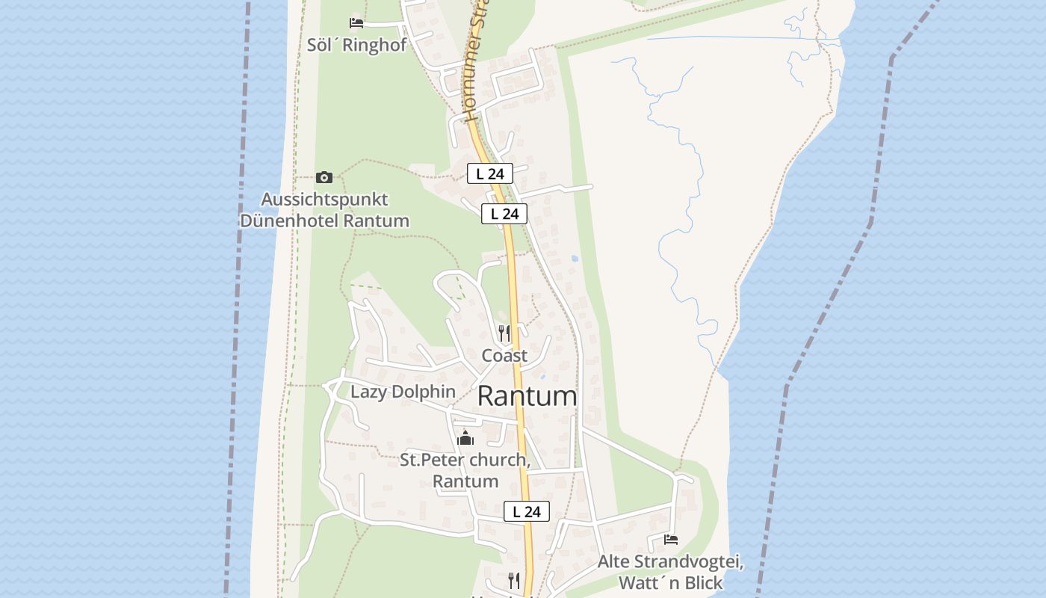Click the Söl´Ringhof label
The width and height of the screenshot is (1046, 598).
tap(356, 45)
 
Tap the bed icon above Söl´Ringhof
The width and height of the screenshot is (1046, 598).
tap(356, 23)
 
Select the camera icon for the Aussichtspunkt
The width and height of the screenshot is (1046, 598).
tap(324, 177)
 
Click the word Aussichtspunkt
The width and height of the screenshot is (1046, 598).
tap(324, 200)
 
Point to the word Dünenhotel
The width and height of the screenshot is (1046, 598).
tap(289, 221)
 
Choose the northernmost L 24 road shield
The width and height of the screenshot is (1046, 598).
tap(490, 173)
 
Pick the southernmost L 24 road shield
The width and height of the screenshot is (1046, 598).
tap(527, 511)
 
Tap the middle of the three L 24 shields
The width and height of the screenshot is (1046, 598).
tap(504, 214)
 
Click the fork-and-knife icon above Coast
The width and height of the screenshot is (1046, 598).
tap(504, 333)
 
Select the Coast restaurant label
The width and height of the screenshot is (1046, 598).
tap(504, 356)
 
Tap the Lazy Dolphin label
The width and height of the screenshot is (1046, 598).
tap(403, 392)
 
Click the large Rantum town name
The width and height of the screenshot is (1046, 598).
tap(527, 396)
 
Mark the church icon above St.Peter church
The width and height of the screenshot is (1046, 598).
tap(465, 437)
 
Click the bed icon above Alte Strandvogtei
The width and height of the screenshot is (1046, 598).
tap(671, 539)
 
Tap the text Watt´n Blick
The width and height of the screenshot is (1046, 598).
tap(670, 583)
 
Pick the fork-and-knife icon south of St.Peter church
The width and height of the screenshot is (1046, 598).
tap(514, 579)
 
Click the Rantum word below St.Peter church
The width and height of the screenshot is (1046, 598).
tap(465, 481)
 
